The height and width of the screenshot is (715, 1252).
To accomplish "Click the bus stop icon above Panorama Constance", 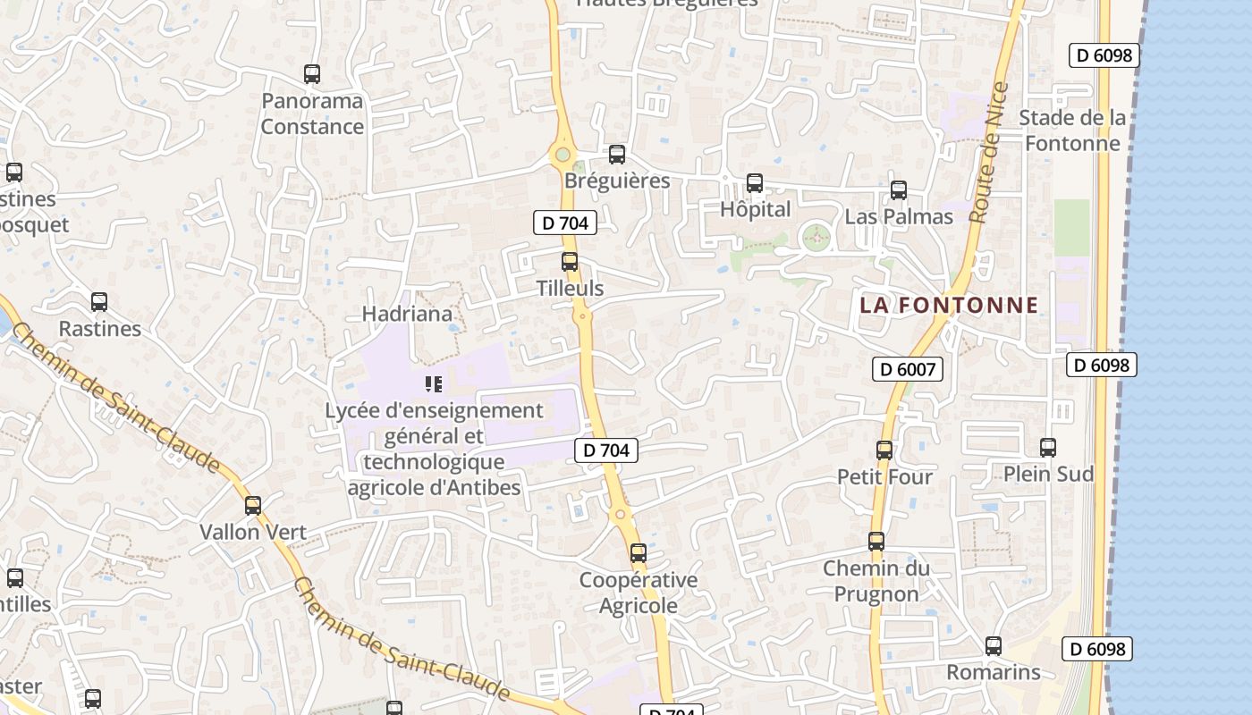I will [x=312, y=74].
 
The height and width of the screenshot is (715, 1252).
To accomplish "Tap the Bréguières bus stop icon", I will [x=617, y=155].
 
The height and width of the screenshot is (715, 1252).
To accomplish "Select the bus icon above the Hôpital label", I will [x=755, y=183].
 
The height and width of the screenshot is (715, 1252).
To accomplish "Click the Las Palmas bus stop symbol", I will [x=899, y=190].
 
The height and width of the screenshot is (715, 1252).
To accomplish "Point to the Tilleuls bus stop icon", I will [x=570, y=262].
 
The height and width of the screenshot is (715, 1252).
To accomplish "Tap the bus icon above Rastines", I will [x=99, y=302].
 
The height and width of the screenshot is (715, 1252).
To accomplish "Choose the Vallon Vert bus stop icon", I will [x=253, y=506].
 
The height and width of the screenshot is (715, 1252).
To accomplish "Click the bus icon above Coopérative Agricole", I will [x=638, y=553].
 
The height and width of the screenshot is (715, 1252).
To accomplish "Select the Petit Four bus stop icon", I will [x=884, y=450].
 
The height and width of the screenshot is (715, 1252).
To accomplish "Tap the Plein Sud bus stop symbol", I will [x=1048, y=448].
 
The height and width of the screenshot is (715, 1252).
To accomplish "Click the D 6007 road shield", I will [x=908, y=368].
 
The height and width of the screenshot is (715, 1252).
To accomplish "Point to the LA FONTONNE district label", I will [x=949, y=305].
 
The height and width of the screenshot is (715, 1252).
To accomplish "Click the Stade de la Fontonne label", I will [x=1072, y=130].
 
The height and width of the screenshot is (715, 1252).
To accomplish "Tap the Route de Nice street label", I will [x=988, y=153].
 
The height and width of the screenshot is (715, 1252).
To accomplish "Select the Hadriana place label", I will [x=407, y=314].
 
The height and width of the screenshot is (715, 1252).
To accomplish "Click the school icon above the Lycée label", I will [x=434, y=385].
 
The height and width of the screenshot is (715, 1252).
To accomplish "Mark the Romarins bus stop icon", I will [x=994, y=646].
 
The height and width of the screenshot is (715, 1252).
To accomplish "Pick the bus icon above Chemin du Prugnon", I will [x=876, y=542].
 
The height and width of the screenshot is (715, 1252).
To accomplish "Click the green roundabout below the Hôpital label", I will [x=816, y=238].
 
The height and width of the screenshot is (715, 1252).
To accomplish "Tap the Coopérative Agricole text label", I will [x=639, y=593].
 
